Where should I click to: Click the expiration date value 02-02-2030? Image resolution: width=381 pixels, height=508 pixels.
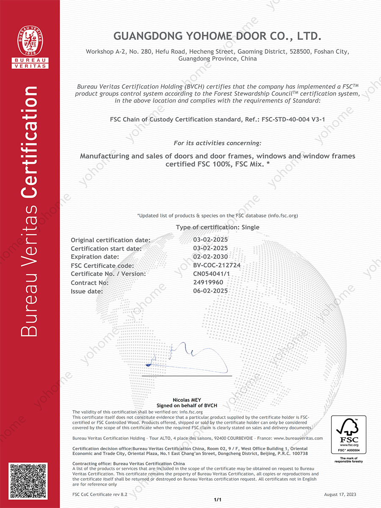[210, 257]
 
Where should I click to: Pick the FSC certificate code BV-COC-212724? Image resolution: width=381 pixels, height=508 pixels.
[217, 265]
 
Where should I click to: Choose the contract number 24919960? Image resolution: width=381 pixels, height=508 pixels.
[208, 282]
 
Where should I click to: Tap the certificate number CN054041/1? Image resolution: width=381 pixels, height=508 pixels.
[212, 274]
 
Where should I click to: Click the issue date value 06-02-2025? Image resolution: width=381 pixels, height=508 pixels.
[210, 291]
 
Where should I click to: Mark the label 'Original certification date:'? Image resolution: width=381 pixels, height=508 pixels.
[110, 240]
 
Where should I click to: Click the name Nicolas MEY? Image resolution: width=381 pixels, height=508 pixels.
[187, 400]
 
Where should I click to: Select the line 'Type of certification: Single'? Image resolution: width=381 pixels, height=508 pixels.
[218, 227]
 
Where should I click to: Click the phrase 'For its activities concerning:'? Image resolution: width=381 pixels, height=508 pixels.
[218, 143]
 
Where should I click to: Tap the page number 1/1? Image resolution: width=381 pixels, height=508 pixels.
[218, 500]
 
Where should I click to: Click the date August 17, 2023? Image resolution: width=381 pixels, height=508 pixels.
[340, 494]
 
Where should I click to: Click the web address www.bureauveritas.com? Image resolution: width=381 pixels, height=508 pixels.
[298, 438]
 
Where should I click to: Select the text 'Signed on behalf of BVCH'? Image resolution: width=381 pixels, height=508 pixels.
[187, 406]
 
